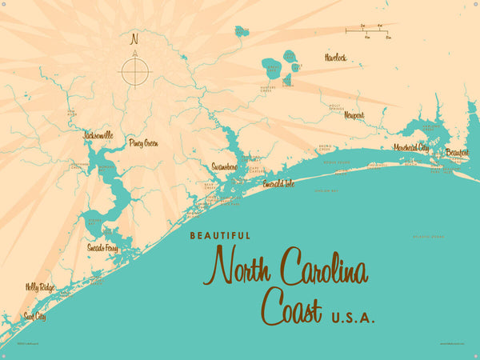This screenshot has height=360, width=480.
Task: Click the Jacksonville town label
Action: [x=98, y=136]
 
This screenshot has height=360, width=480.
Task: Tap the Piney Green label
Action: [x=143, y=143]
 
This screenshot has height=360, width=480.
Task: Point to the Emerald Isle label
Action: [x=278, y=184]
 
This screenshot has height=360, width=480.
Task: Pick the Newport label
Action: [x=354, y=115]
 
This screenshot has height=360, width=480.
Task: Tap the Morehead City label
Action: [x=411, y=148]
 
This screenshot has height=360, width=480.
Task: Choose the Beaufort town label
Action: [x=457, y=152]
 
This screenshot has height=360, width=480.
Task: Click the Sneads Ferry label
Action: [x=102, y=248]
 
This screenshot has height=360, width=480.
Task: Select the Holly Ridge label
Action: [x=40, y=286]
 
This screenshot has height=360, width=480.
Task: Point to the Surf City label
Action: [x=35, y=317]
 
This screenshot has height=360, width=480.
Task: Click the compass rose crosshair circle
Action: [x=135, y=72]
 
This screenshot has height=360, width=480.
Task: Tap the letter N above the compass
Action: [x=135, y=38]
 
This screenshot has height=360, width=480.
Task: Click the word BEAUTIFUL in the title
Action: [x=220, y=236]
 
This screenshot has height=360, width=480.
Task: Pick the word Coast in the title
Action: [x=292, y=309]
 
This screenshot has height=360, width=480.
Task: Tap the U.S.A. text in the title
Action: [x=353, y=318]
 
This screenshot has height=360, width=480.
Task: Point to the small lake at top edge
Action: [x=241, y=32]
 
